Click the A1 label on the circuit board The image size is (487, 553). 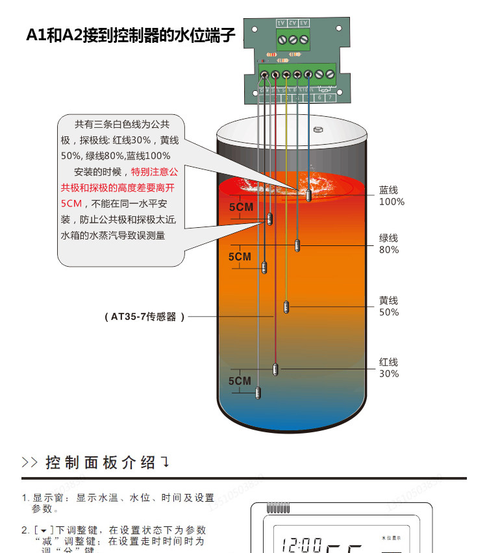(281, 23)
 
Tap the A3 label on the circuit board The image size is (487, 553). (304, 23)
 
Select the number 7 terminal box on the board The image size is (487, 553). (330, 97)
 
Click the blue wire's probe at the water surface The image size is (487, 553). (309, 194)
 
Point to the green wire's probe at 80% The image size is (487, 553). (297, 245)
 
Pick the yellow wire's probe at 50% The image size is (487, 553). (286, 306)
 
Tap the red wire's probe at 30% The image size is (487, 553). (275, 369)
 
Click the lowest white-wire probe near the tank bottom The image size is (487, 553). (258, 392)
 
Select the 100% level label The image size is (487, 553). (392, 202)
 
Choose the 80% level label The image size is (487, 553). (389, 250)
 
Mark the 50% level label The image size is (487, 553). (389, 312)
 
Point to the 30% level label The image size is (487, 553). (389, 373)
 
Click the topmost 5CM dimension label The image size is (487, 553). (240, 208)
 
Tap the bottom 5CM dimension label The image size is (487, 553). (240, 381)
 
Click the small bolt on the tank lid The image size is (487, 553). (318, 129)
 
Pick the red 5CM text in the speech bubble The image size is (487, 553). (71, 203)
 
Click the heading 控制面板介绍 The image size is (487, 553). (101, 463)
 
